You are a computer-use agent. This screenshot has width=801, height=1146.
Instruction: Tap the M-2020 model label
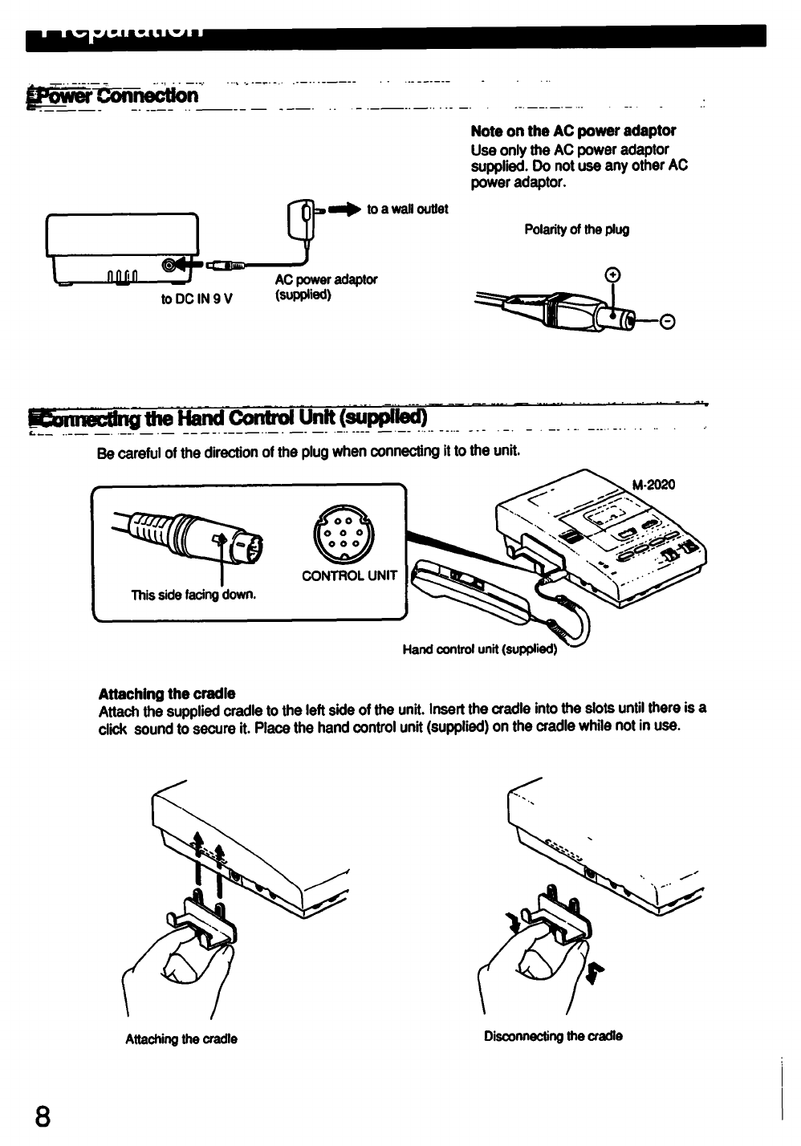[653, 485]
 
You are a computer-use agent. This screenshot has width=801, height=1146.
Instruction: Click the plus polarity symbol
[614, 275]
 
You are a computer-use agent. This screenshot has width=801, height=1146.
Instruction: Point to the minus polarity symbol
[666, 323]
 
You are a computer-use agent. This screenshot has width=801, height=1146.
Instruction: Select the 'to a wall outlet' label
[407, 209]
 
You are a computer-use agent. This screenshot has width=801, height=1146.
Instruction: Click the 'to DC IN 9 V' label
[197, 299]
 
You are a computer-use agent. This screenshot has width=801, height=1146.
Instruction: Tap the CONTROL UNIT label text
[349, 575]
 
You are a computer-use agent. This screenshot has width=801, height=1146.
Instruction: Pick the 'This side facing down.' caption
[193, 595]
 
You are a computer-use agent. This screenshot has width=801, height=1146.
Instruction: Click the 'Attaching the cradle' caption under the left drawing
[181, 1039]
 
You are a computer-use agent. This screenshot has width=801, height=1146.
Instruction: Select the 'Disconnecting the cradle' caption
[553, 1035]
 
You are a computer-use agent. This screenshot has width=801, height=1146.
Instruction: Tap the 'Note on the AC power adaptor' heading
[573, 131]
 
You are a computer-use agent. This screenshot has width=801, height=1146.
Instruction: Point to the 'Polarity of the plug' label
[576, 230]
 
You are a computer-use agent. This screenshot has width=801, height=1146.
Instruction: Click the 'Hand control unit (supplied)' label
[478, 649]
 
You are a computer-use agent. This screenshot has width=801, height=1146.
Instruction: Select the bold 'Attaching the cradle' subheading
[167, 693]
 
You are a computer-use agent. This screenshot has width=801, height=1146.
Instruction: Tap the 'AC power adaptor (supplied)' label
[326, 286]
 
